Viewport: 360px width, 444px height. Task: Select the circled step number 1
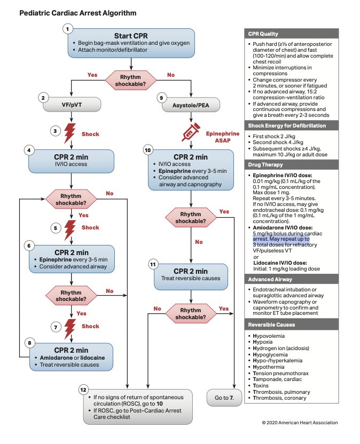(67, 28)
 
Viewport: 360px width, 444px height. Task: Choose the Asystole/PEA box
(191, 106)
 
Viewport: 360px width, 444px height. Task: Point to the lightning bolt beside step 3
(69, 134)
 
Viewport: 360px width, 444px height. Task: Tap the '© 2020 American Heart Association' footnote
(300, 423)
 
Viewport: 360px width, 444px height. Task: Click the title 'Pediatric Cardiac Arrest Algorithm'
(77, 12)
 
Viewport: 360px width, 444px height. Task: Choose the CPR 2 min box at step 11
(191, 274)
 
